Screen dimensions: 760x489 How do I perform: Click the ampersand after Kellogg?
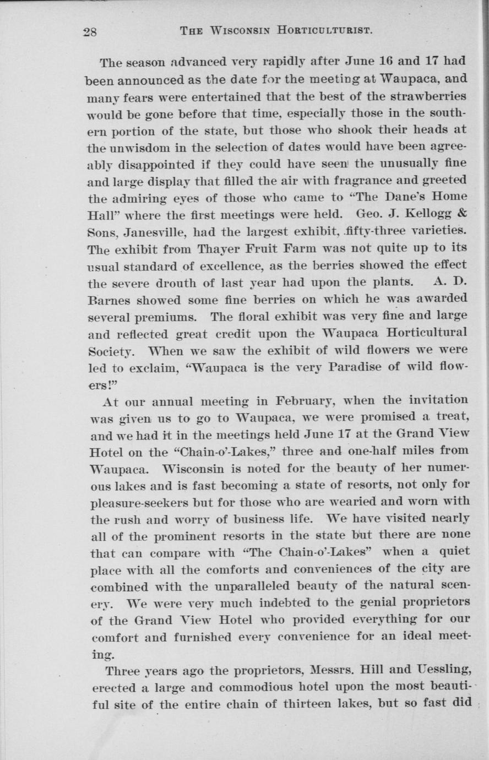click(463, 213)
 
